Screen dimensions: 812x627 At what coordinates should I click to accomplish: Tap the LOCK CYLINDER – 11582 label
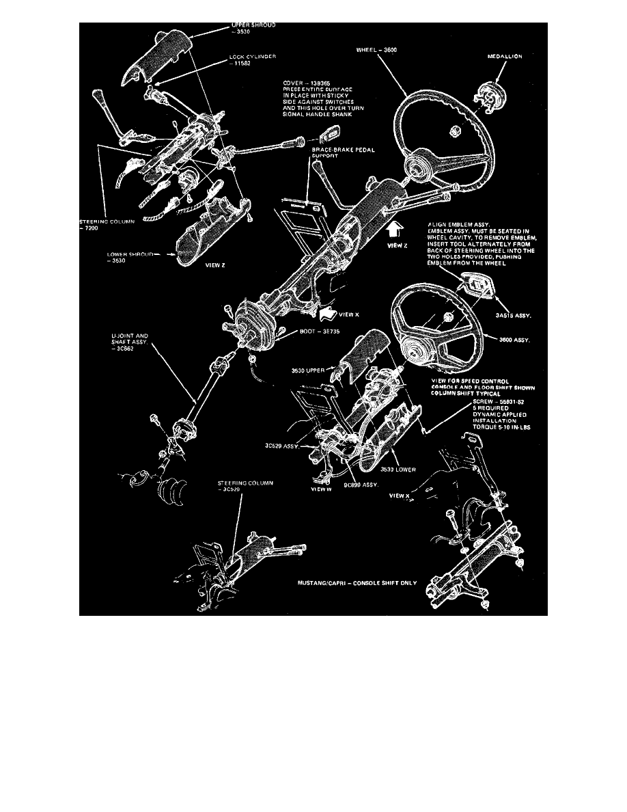click(x=252, y=60)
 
